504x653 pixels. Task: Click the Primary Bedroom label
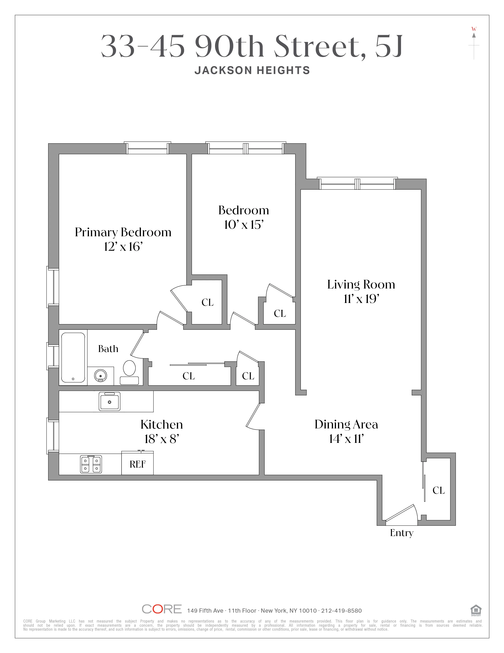point(123,232)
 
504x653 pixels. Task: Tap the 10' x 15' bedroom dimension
point(244,225)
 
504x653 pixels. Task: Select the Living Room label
point(361,284)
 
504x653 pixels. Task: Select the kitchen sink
point(109,401)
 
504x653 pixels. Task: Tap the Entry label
point(402,533)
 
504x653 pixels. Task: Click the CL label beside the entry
point(438,490)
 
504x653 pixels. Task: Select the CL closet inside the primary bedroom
point(208,302)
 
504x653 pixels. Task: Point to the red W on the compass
point(474,29)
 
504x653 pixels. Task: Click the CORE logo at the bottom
point(161,609)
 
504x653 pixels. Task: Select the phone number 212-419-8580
point(341,610)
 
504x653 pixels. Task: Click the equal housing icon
point(476,610)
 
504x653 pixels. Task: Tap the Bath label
point(108,349)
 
